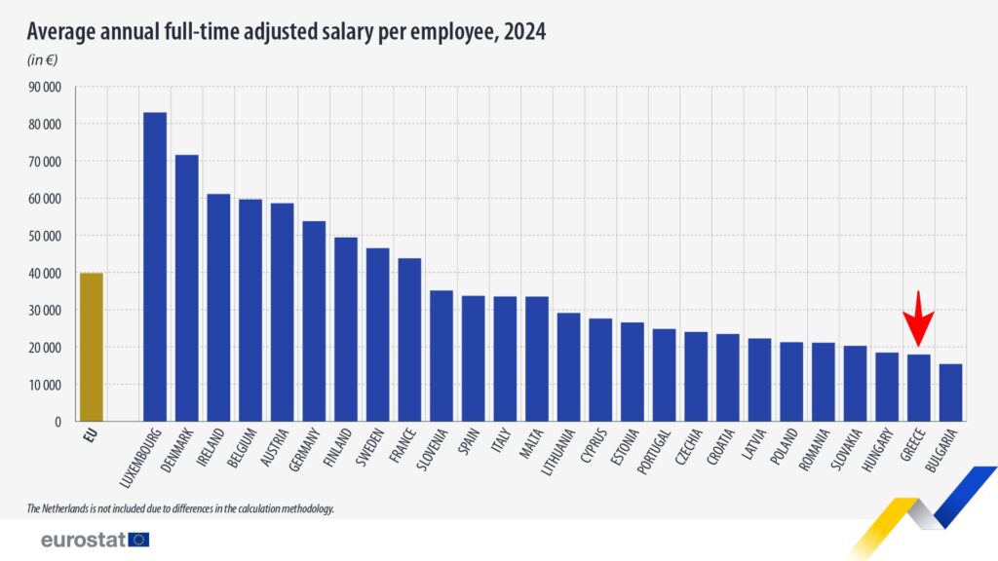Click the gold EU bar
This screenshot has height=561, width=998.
(x=91, y=347)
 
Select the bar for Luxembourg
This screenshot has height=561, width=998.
(x=154, y=267)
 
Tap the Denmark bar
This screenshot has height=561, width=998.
(x=186, y=288)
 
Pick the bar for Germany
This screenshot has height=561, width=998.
(x=314, y=321)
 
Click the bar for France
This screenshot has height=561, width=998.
(x=409, y=340)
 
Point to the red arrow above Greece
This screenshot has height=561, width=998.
(x=918, y=316)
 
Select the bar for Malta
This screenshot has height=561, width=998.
(x=536, y=358)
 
